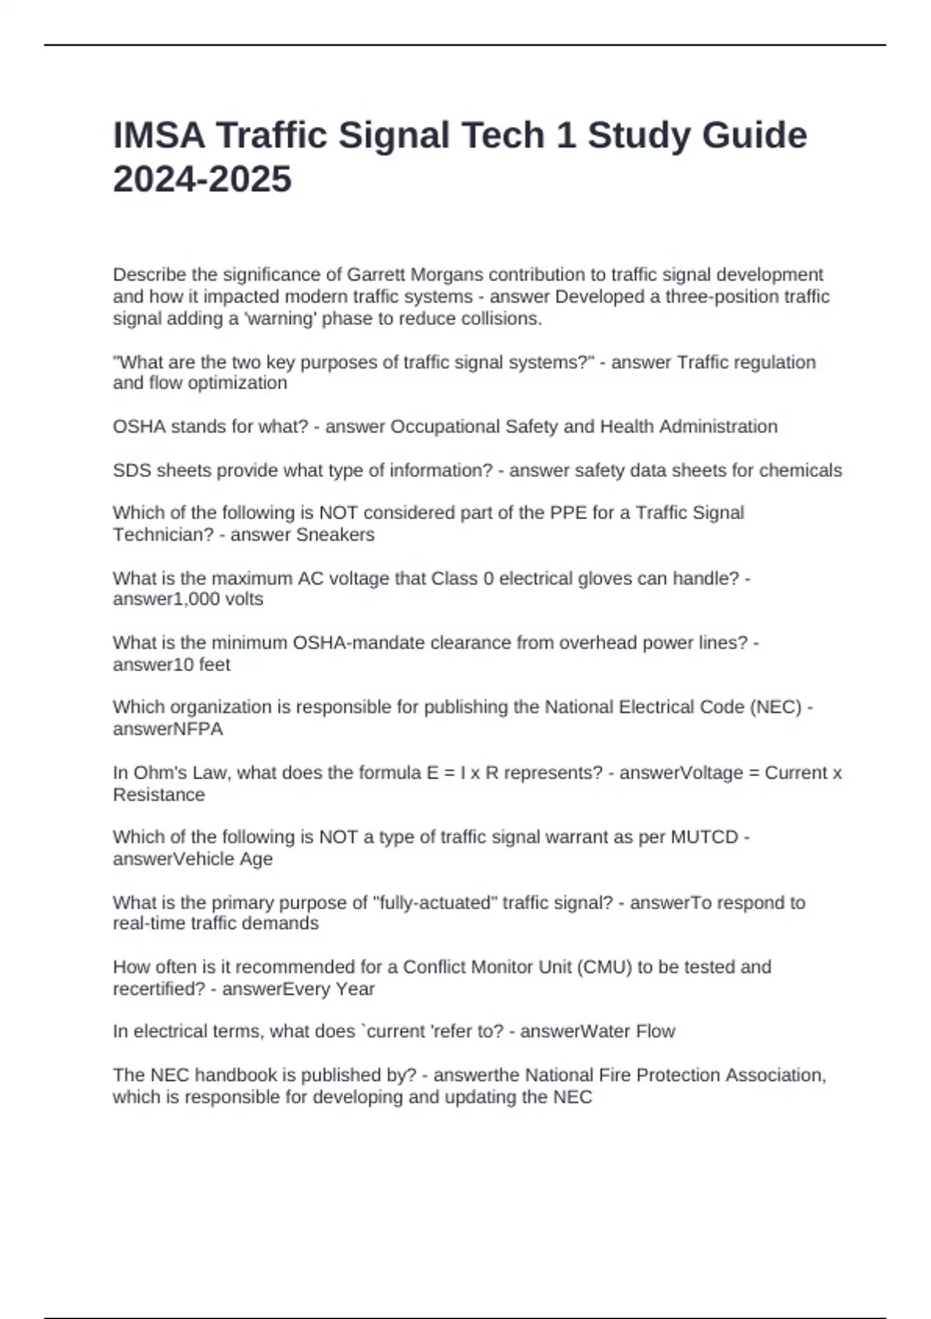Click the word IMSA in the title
(159, 136)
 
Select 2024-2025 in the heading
(202, 179)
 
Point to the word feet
(214, 664)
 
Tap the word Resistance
(159, 795)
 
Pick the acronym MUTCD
(704, 837)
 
